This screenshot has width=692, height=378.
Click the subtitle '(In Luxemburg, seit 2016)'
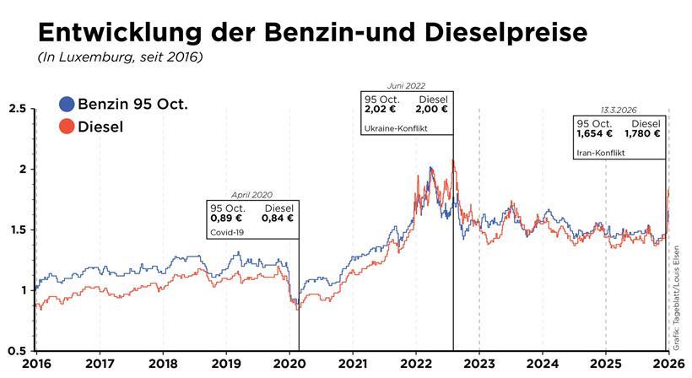119,57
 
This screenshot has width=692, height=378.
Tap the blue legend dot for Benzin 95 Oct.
67,105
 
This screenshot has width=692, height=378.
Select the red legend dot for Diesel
67,127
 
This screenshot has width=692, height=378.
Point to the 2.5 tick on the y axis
17,109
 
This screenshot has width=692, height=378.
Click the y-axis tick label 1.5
17,229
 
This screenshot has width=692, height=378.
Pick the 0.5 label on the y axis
17,350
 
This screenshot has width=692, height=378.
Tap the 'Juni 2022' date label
407,86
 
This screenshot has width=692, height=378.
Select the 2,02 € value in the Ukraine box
381,109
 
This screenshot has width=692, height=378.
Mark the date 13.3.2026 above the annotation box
619,111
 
